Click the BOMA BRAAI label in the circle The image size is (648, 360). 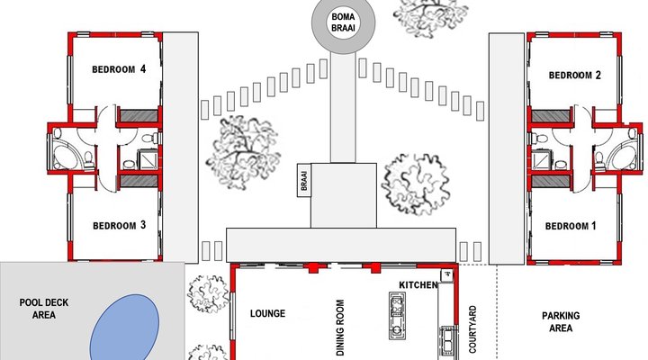(343, 22)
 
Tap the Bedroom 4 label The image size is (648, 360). (119, 69)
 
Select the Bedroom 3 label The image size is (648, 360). (119, 225)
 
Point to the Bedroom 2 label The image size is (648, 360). (574, 76)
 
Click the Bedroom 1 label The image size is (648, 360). (571, 226)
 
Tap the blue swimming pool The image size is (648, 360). (124, 328)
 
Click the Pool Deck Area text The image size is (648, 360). (44, 309)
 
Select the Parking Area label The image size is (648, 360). (561, 322)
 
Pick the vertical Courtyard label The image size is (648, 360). (472, 329)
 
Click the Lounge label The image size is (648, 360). (267, 313)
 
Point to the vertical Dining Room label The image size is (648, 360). (340, 328)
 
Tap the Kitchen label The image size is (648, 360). (418, 284)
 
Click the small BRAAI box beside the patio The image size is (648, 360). (304, 180)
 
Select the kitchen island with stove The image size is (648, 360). (397, 316)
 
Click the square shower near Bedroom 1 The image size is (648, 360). (540, 160)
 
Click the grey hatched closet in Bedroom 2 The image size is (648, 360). (550, 116)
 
